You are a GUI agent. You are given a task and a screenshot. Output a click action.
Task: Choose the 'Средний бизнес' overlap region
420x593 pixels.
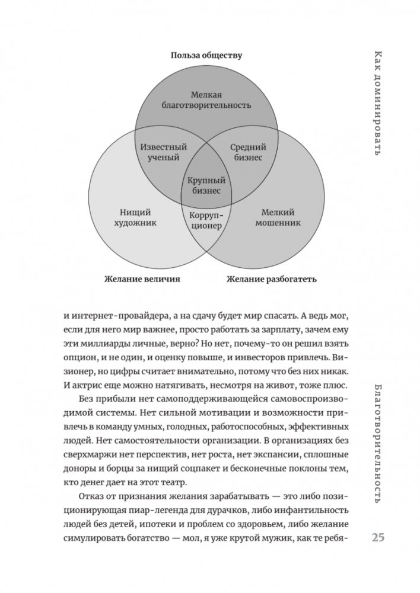click(247, 153)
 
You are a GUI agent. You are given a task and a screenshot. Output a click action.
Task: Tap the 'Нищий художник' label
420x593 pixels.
click(136, 218)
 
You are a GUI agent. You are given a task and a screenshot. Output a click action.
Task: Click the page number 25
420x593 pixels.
click(378, 537)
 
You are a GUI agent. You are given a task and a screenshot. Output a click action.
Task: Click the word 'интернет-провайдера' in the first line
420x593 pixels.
click(113, 316)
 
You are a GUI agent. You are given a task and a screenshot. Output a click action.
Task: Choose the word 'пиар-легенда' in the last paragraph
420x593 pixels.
click(156, 509)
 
